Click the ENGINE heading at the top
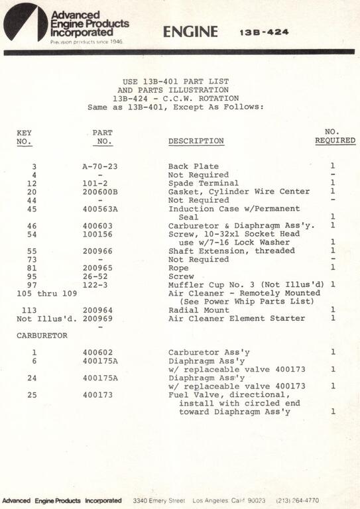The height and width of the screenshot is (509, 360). pos(190,31)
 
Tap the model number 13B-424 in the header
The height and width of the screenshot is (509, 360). pos(264,32)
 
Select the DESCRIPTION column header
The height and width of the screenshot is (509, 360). pos(196,141)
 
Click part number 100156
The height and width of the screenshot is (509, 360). pos(97,234)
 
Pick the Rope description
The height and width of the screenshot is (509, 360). pos(178,268)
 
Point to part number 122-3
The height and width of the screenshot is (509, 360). pos(96,284)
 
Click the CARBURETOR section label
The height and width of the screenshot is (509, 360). pos(42,335)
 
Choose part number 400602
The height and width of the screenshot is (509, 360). pos(97,352)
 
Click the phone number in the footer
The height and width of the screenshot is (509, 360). pos(298,500)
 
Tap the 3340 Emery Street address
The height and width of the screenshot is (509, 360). pos(159,500)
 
